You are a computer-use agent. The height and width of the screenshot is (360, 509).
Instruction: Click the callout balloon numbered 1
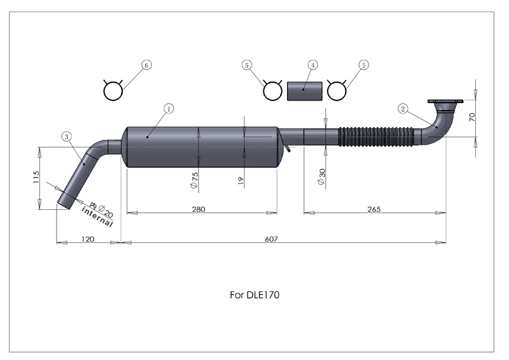pos(169,109)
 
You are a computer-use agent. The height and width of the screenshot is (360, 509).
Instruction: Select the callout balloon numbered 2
pos(403,108)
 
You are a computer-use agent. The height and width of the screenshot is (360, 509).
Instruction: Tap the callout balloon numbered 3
pos(67,135)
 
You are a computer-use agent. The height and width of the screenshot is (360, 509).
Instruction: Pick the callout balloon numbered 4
pos(312,65)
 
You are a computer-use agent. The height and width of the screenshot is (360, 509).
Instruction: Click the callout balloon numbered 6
pos(147,65)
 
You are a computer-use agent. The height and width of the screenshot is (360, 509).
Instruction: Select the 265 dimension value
pos(374,209)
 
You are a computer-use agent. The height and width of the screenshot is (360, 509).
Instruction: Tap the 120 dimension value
pos(88,239)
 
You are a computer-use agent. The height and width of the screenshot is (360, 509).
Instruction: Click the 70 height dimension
pos(489,118)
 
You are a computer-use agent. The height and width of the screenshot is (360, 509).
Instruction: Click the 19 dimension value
pos(241,181)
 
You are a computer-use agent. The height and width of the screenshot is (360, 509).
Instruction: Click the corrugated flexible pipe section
pos(375,137)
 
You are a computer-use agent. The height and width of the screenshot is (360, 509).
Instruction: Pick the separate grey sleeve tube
pos(304,90)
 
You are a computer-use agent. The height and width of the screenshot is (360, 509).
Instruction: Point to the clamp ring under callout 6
pos(113,91)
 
